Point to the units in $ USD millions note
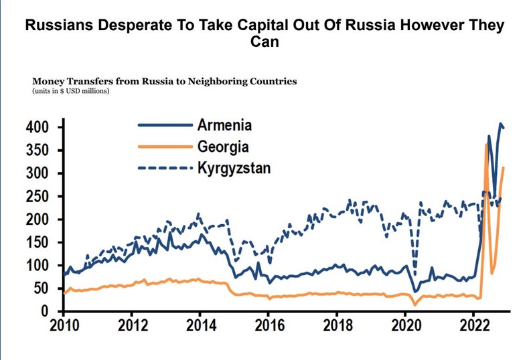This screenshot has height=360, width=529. (70, 90)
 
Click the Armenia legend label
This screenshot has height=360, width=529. (224, 125)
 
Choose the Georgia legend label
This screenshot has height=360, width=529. (223, 146)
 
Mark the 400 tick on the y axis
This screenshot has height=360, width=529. (38, 127)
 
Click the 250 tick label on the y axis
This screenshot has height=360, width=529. (38, 197)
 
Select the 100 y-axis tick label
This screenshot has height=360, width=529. (38, 266)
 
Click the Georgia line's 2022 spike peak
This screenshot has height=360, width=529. (485, 145)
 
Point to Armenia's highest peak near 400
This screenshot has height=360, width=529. (500, 124)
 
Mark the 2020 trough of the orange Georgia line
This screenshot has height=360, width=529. (415, 305)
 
